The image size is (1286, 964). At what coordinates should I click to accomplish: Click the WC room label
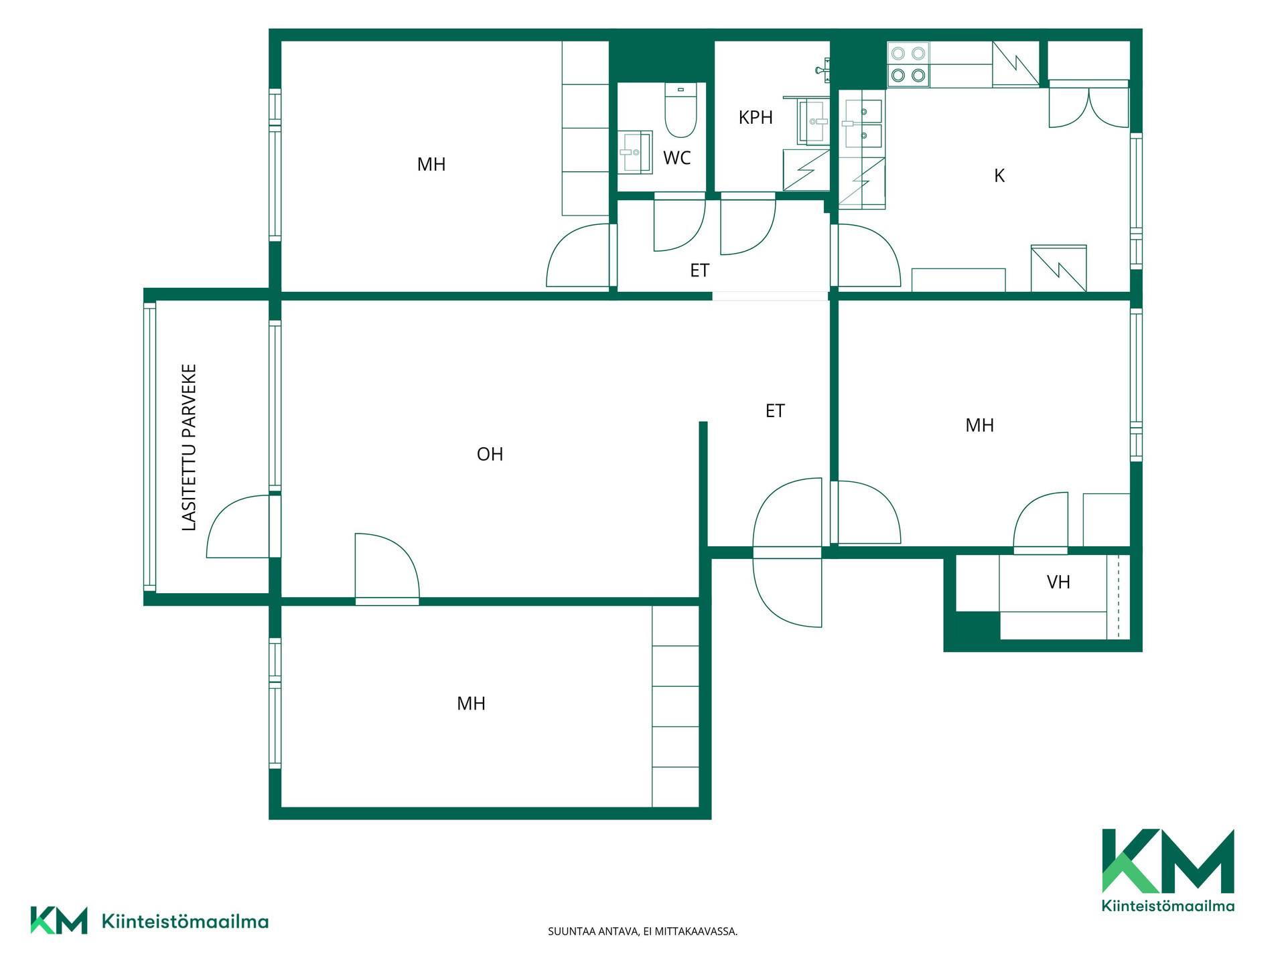coord(676,158)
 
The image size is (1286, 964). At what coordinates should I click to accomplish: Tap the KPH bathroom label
coord(756,118)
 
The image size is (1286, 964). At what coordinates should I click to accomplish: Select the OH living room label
coord(490,455)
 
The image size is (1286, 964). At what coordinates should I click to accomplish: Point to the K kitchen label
coord(999,175)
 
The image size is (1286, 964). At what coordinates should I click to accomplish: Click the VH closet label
coord(1058,582)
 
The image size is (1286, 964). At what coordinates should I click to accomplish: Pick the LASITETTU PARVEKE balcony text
coord(190,447)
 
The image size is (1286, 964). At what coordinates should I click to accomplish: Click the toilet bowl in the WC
coord(681,110)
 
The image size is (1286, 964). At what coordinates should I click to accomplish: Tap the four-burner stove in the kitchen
coord(908,64)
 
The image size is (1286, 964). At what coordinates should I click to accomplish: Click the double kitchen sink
coord(863,124)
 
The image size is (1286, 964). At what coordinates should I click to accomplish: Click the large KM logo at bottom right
coord(1168,870)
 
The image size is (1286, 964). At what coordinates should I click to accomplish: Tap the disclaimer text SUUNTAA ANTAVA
coord(642,931)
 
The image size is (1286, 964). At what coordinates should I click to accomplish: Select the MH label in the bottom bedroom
coord(471,704)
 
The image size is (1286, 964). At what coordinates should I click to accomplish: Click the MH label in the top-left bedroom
coord(431,165)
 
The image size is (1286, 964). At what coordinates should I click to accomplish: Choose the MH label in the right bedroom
coord(979,425)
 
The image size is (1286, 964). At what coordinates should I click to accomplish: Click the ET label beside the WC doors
coord(699,270)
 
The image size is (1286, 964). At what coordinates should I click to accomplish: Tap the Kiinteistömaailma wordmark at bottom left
coord(185,922)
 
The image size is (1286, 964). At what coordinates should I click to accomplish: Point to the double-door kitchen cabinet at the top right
coord(1088,104)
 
